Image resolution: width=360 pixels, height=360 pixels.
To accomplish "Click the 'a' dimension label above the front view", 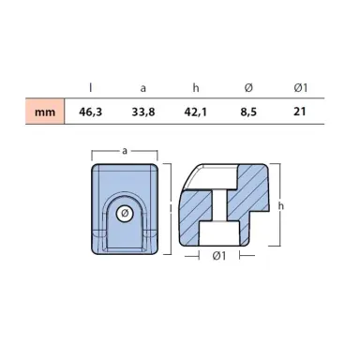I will click(x=124, y=148).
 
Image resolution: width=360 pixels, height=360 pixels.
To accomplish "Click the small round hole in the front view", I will click(x=124, y=214).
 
